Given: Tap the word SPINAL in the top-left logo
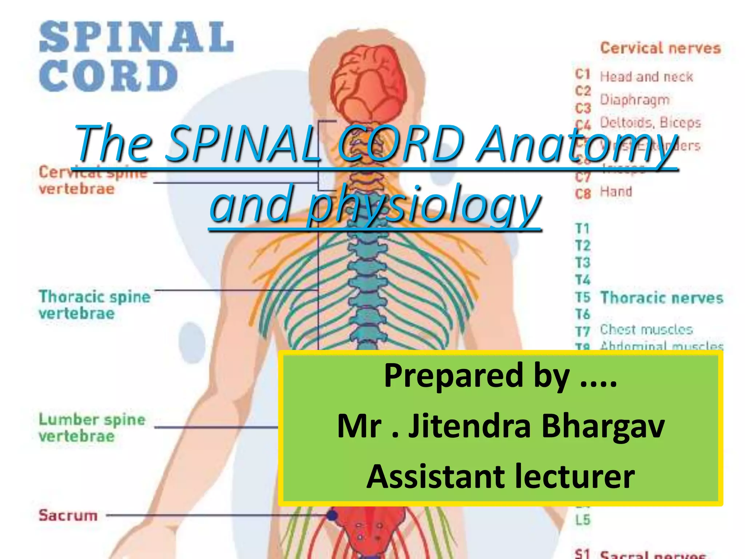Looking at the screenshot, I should pyautogui.click(x=136, y=37).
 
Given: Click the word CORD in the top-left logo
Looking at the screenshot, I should pyautogui.click(x=108, y=76).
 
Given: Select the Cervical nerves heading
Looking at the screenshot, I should pyautogui.click(x=660, y=48).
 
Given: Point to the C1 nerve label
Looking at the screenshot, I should pyautogui.click(x=582, y=75).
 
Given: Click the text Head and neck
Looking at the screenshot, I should pyautogui.click(x=646, y=77).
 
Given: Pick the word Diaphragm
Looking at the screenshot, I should pyautogui.click(x=634, y=100).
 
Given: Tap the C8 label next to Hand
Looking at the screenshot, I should pyautogui.click(x=583, y=193).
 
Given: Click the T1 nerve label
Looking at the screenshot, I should pyautogui.click(x=582, y=229).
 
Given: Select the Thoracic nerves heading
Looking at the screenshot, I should pyautogui.click(x=661, y=298).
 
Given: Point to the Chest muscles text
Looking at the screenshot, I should pyautogui.click(x=646, y=329).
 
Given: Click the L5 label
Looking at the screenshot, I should pyautogui.click(x=582, y=520).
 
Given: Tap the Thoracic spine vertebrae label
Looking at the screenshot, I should pyautogui.click(x=94, y=305).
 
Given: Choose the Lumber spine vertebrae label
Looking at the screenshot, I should pyautogui.click(x=92, y=428).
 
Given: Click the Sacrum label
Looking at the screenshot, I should pyautogui.click(x=68, y=515).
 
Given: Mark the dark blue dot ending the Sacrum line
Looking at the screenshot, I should pyautogui.click(x=331, y=515).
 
